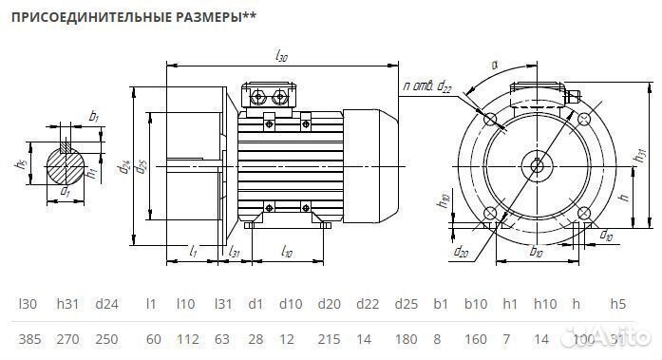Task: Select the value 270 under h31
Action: pyautogui.click(x=67, y=338)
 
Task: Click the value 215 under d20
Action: pyautogui.click(x=328, y=338)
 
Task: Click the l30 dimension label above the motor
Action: pyautogui.click(x=281, y=57)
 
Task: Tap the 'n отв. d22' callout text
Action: pyautogui.click(x=426, y=86)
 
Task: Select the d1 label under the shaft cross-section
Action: pyautogui.click(x=65, y=193)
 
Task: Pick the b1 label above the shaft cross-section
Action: pyautogui.click(x=93, y=116)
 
